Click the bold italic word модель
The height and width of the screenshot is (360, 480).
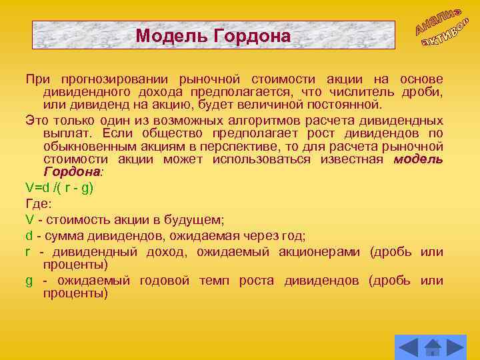point(418,159)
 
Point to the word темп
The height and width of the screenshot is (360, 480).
point(213,280)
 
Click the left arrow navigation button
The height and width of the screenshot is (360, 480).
point(409,347)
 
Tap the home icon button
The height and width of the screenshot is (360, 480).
point(433,347)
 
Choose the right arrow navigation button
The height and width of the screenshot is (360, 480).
point(455,347)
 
